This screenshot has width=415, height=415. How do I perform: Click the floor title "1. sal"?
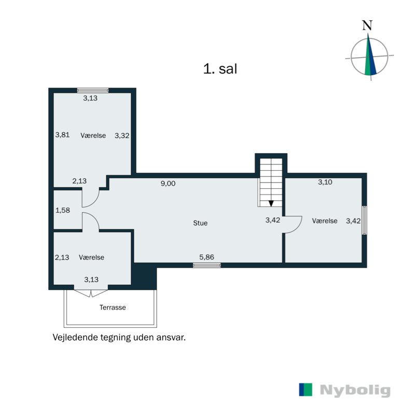pos(220,69)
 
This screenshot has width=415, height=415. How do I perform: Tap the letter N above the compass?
pos(367,25)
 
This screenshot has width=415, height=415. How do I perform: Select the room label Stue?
pos(200,223)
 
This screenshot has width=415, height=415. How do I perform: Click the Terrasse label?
pos(113,307)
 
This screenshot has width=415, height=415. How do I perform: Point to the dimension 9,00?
pos(168,183)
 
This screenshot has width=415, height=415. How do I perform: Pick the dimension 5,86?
pos(206,256)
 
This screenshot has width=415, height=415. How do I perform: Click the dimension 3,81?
pos(62,135)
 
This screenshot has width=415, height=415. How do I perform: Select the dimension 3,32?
pos(121,135)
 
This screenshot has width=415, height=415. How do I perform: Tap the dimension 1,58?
pos(62,210)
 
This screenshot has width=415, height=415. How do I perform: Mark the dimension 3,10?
pos(325,182)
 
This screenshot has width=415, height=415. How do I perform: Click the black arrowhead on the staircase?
pos(271,203)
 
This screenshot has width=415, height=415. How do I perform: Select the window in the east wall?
pos(365,220)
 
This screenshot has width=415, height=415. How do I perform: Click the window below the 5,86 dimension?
pos(206,265)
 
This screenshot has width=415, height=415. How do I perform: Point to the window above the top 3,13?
pos(93,90)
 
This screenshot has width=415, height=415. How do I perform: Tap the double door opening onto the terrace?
pos(91,293)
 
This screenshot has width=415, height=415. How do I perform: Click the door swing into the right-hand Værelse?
pos(293,225)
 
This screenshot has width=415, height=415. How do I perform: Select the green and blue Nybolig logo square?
pos(306,390)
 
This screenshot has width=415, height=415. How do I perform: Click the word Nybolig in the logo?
pos(355,390)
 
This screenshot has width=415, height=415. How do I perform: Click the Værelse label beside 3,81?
pos(93,135)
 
